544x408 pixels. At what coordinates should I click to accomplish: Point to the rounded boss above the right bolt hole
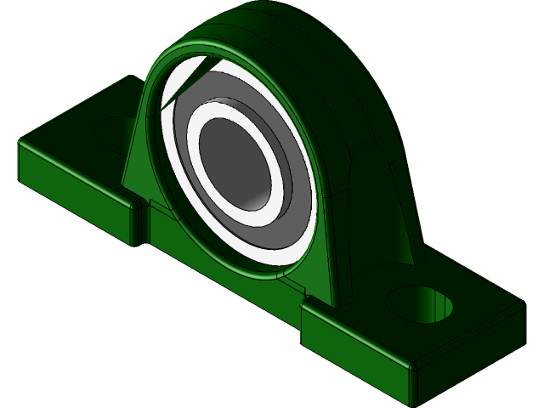coord(374,187)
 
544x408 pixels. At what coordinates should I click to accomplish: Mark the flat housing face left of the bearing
coord(136,161)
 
